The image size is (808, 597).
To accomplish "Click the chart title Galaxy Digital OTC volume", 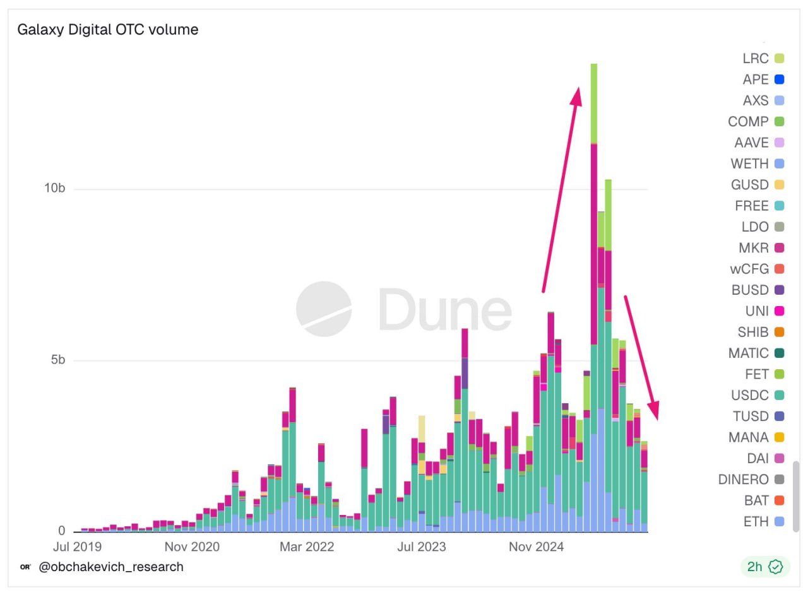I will pyautogui.click(x=107, y=30).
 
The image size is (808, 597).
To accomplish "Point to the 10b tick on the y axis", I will pyautogui.click(x=55, y=189).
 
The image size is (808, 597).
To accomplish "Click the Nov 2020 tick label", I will pyautogui.click(x=193, y=547).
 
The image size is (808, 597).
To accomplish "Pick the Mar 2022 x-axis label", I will pyautogui.click(x=307, y=547).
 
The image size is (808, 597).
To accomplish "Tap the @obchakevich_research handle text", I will pyautogui.click(x=111, y=567).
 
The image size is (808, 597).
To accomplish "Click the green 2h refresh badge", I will pyautogui.click(x=764, y=567).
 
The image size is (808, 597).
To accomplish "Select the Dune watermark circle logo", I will pyautogui.click(x=324, y=309).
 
